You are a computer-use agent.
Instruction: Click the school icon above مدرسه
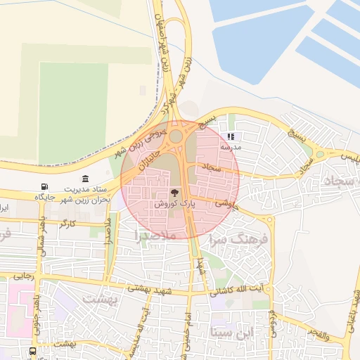229,138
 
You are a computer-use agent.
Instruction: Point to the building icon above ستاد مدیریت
86,179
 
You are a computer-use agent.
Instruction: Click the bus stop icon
32,351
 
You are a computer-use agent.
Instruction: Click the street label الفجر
319,335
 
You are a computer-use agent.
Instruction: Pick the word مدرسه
229,148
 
